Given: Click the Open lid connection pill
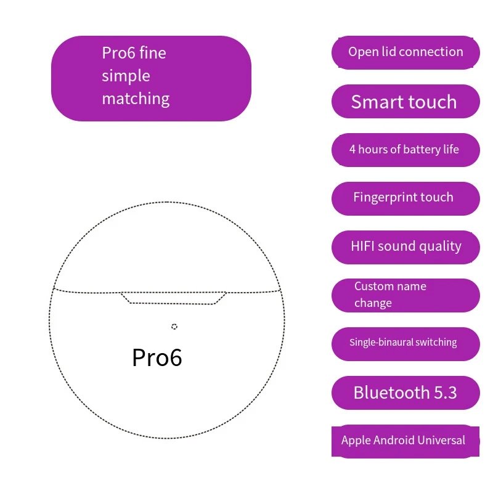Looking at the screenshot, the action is click(x=405, y=52).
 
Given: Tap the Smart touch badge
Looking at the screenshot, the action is click(x=405, y=101).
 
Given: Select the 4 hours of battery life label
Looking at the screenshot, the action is click(x=405, y=150).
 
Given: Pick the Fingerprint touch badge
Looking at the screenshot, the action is click(x=405, y=198).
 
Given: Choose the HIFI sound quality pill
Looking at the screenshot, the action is click(x=405, y=247).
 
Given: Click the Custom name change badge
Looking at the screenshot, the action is click(x=405, y=295).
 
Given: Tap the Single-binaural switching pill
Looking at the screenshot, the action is click(x=405, y=344).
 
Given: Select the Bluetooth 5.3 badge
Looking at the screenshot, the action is click(x=405, y=393).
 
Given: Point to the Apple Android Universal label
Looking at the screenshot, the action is click(x=405, y=441).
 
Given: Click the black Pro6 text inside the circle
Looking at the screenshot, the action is click(x=157, y=358).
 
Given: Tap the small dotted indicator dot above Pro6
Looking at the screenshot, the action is click(x=174, y=327).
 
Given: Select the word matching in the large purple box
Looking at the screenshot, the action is click(x=136, y=99).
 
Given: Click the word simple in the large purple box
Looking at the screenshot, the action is click(x=126, y=76).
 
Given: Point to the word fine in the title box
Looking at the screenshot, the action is click(x=152, y=52).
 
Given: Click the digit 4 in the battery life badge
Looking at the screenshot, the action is click(x=352, y=149).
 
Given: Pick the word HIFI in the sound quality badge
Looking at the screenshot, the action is click(x=362, y=246).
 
